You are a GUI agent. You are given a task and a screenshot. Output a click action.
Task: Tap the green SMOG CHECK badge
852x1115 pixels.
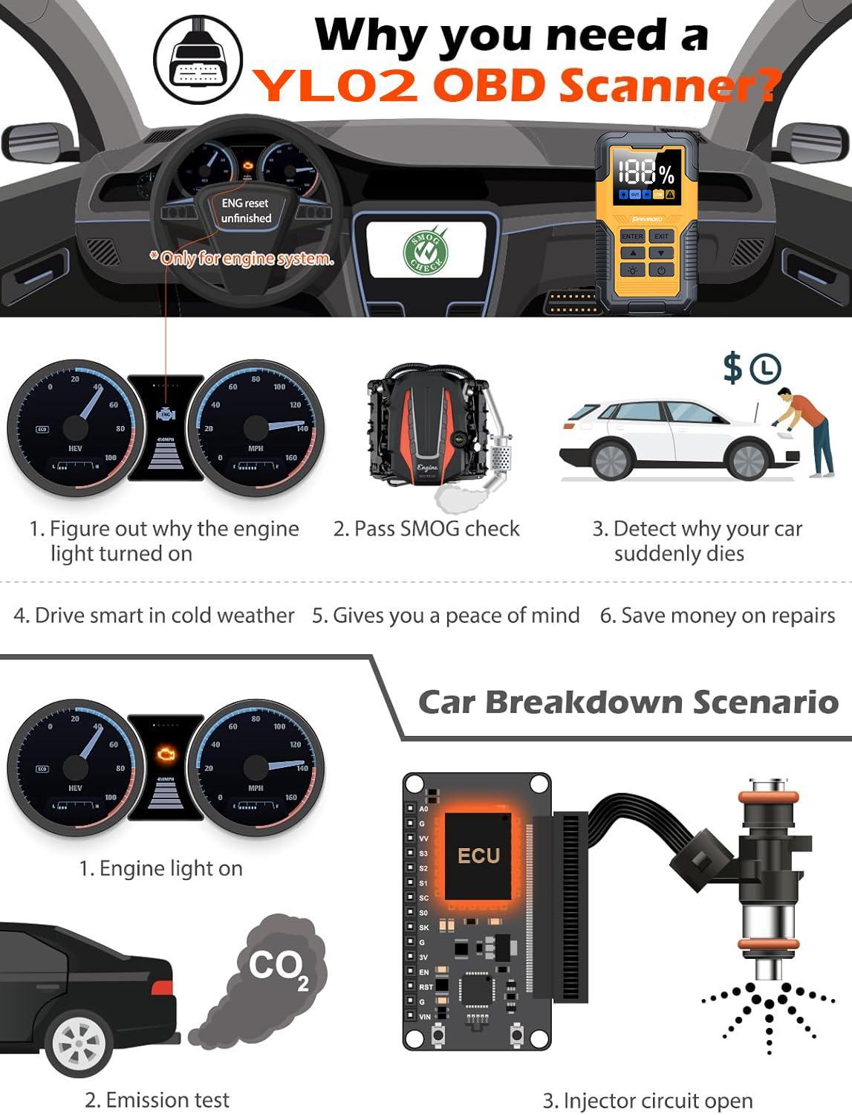pos(426,251)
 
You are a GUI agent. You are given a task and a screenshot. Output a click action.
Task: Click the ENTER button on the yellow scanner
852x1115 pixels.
pos(632,236)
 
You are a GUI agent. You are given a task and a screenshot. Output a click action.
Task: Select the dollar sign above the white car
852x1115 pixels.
pos(732,368)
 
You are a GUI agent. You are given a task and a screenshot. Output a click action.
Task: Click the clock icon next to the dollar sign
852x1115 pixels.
pos(765,369)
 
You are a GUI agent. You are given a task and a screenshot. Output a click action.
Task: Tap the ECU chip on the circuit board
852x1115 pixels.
pos(478,856)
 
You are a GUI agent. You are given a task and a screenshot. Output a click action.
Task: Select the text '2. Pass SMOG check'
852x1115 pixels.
pos(426,529)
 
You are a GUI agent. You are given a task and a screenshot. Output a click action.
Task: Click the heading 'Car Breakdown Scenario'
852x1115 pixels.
pos(628,702)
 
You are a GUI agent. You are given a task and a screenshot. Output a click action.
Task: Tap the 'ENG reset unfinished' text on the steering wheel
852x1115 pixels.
pos(246,210)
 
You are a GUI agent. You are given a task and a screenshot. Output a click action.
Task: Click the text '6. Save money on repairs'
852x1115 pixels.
pos(718,615)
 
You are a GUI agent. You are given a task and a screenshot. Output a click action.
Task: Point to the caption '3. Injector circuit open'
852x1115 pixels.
pos(648,1101)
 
